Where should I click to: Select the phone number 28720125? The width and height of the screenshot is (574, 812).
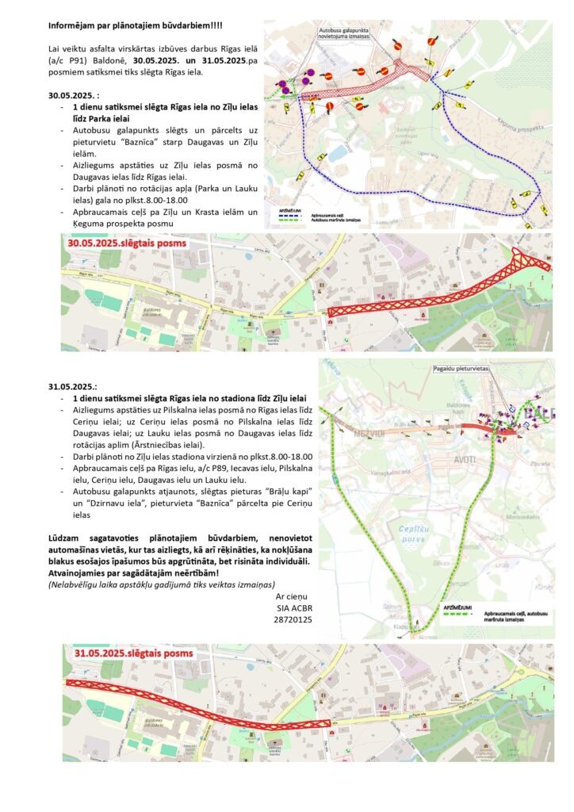[x=293, y=619]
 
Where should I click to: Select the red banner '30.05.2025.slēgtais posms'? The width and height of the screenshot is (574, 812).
[x=126, y=243]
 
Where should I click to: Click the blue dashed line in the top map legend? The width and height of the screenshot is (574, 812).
[x=283, y=215]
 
